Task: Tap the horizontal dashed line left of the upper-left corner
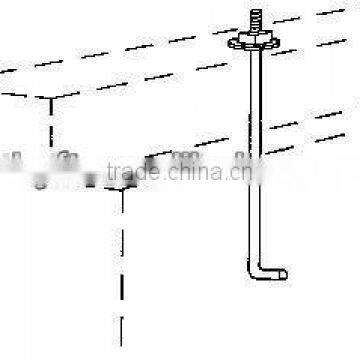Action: point(20,97)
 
